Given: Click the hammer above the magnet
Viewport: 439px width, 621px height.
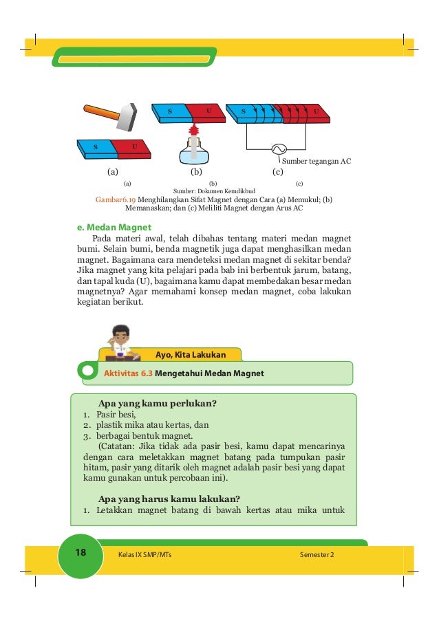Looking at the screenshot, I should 114,116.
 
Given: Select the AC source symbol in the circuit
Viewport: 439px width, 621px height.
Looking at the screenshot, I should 280,149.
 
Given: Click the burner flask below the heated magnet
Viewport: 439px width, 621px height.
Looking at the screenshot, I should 193,152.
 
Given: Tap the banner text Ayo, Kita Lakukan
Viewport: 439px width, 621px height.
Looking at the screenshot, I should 191,355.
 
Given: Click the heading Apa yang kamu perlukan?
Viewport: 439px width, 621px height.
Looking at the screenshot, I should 162,403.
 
